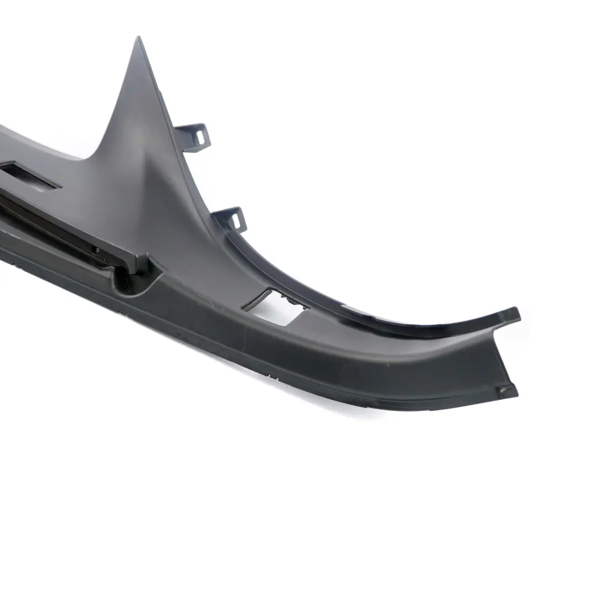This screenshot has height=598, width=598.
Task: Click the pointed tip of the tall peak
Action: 138,39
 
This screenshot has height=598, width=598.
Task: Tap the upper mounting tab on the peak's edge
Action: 195,135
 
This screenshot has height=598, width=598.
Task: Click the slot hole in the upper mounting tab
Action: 201,134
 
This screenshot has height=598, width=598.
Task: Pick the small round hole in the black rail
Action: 95,250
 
